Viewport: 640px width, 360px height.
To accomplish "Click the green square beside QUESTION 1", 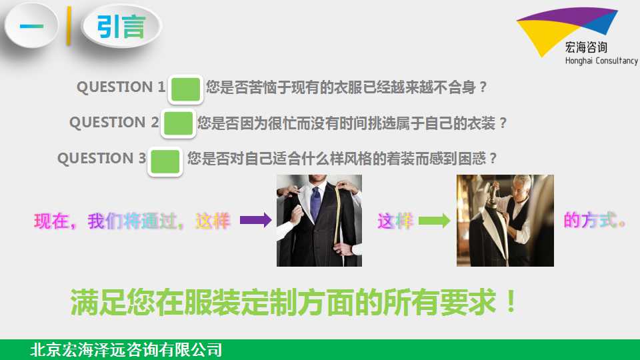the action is [x=186, y=89].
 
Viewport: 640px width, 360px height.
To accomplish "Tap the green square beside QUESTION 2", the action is [x=178, y=123].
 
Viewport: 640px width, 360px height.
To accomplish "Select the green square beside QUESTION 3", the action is [x=165, y=161].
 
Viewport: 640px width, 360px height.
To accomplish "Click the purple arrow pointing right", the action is [x=255, y=221].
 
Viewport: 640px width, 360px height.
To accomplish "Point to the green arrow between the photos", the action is [x=434, y=221].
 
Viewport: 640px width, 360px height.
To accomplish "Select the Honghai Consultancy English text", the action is [x=601, y=61].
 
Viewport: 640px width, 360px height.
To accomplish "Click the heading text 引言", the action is [x=121, y=27].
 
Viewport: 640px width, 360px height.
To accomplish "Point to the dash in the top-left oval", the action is [x=31, y=27].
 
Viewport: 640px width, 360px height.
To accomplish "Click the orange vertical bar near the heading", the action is [x=69, y=26].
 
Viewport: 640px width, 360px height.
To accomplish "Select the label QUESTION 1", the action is [x=121, y=87].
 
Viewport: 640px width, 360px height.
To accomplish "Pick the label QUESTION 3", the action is [x=101, y=159].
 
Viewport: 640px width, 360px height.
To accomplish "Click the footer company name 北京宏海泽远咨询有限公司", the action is [x=126, y=350].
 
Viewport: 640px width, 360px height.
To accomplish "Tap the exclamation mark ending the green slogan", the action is [x=511, y=301].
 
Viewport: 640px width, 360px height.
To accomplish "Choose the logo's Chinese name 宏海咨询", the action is [x=586, y=47].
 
